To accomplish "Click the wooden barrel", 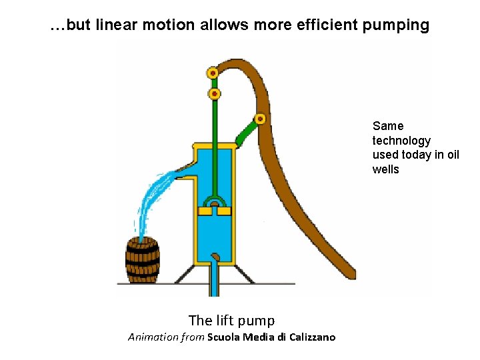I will point(143,260).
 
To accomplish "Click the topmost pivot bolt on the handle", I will point(213,73).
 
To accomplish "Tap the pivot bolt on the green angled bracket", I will point(260,119).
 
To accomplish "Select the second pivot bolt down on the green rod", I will point(214,94).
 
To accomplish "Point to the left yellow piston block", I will point(205,211).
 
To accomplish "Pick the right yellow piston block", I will point(224,211).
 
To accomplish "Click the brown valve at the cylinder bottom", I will point(215,256).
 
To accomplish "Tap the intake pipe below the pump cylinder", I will point(214,280).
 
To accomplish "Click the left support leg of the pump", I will point(185,274).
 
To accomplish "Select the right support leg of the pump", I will point(245,274).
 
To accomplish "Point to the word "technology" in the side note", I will point(401,141).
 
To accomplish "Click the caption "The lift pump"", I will point(231,321).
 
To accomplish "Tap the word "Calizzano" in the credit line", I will point(312,337).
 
